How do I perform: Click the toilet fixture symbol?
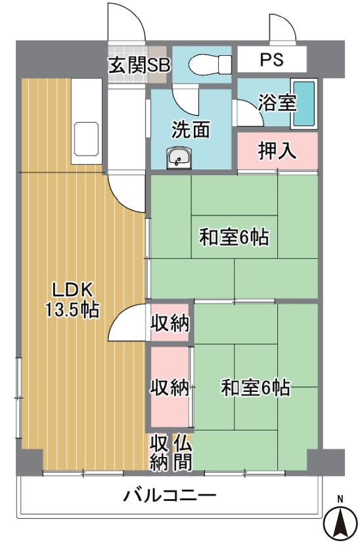[210, 64]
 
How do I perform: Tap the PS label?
[272, 60]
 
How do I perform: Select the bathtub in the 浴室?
[304, 104]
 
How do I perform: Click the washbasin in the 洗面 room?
[179, 158]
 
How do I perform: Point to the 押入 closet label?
[277, 150]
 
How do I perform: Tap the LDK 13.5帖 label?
[72, 299]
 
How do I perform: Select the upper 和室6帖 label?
[234, 238]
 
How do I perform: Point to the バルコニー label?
[169, 494]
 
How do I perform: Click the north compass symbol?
[340, 519]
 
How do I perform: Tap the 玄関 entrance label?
[126, 66]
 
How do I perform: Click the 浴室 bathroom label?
[277, 102]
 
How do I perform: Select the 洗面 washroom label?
[191, 129]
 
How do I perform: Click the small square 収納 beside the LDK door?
[169, 322]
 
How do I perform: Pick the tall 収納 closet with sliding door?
[169, 387]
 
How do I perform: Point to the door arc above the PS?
[282, 28]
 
